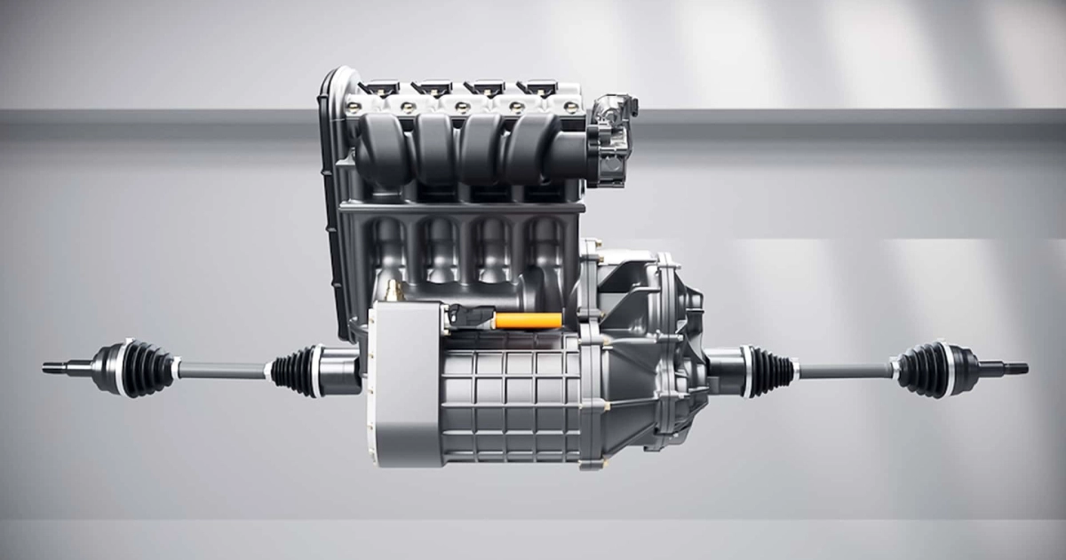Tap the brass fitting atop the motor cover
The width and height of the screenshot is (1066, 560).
tap(392, 290)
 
